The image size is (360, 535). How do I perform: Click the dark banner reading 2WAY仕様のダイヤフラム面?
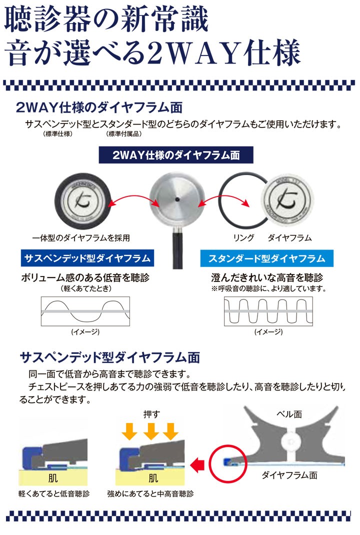pyautogui.click(x=176, y=155)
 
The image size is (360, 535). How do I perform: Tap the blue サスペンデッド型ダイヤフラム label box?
pyautogui.click(x=87, y=258)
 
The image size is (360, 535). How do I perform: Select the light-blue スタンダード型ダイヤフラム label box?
pyautogui.click(x=266, y=258)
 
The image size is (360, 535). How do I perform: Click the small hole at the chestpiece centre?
pyautogui.click(x=176, y=198)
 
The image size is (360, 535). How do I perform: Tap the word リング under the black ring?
pyautogui.click(x=244, y=237)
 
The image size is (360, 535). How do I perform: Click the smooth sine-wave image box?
pyautogui.click(x=85, y=312)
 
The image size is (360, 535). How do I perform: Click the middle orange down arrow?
pyautogui.click(x=150, y=431)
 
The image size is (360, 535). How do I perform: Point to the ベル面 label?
pyautogui.click(x=288, y=414)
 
